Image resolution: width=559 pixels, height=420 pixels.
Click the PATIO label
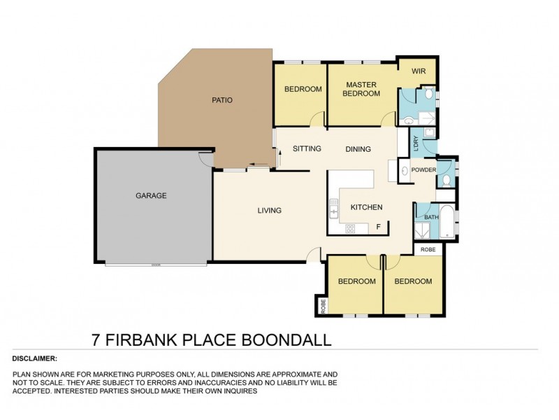pos(222,100)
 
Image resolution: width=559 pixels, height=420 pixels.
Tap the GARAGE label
pos(151,196)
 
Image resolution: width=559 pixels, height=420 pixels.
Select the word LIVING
pos(269,211)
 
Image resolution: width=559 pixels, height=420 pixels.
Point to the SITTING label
pos(307,149)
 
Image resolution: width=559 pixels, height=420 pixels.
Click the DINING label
pos(358,149)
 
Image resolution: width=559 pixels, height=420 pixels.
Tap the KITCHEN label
pos(366,207)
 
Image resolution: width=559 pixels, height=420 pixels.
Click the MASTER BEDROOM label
pos(361,90)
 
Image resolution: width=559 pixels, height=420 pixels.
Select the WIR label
pos(419,71)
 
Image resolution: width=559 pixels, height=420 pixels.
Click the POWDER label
pos(423,170)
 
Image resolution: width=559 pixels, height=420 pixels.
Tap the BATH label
pos(431,217)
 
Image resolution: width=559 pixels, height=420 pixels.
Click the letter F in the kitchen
pos(379,226)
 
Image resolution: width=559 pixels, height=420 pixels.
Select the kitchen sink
pos(334,209)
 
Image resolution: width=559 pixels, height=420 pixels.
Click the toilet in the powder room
pos(446,181)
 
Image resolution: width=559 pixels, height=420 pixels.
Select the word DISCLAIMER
pos(35,358)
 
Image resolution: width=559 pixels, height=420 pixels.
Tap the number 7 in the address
pos(96,341)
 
